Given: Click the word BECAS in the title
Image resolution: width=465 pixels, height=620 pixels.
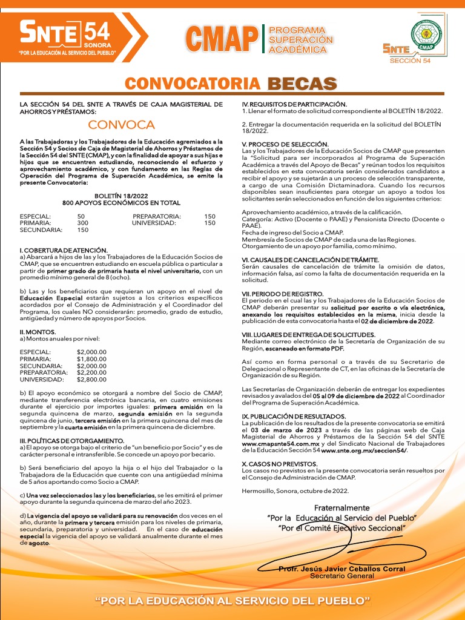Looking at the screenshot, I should point(302,84).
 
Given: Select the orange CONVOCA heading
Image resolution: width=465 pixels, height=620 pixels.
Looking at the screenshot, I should point(121,125).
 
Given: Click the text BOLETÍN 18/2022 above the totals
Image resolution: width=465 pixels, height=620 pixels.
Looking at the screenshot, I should point(121,196).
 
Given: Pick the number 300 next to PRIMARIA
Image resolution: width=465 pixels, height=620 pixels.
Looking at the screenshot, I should point(83,223).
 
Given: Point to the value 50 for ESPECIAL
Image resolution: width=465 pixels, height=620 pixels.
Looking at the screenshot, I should point(81,216).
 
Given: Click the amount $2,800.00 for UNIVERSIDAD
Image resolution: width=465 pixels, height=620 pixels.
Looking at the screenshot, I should point(91,379).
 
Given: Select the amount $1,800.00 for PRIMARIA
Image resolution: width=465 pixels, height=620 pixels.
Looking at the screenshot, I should point(91,359).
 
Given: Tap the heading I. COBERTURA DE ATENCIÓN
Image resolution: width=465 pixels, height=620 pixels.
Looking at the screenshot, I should point(64,250).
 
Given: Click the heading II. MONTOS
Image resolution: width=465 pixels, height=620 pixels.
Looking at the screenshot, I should point(38,332).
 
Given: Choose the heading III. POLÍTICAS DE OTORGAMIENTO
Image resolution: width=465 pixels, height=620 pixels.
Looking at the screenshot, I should point(72,440).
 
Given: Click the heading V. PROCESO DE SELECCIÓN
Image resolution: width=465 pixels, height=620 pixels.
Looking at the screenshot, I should point(281,144).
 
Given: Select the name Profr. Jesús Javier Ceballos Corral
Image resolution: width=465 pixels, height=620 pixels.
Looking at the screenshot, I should point(341,569).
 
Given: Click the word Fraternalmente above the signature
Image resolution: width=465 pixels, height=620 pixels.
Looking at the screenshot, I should point(341,507).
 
